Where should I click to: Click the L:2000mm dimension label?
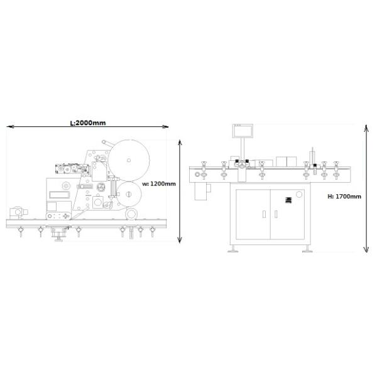point(87,123)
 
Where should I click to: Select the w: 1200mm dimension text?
point(158,184)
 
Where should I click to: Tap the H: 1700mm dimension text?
point(344,197)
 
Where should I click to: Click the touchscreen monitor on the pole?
point(242,131)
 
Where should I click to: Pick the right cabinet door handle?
point(275,214)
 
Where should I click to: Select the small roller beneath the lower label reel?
point(131,214)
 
